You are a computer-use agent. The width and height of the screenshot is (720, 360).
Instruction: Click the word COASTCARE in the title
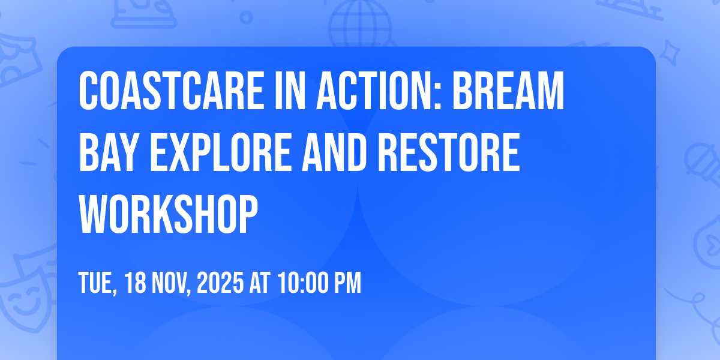tap(172, 91)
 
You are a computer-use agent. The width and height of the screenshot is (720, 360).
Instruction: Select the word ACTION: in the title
tap(379, 91)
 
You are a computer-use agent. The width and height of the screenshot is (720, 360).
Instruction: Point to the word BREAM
tap(508, 91)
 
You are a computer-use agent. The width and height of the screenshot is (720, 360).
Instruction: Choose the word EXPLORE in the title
tap(221, 152)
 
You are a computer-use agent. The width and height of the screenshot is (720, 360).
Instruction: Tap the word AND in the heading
tap(334, 152)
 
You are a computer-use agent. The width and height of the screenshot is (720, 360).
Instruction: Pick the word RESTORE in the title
tap(449, 152)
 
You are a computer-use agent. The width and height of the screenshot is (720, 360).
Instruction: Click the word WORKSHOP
tap(169, 214)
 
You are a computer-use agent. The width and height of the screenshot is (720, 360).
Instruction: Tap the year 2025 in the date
tap(220, 283)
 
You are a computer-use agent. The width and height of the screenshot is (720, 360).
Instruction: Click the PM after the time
tap(348, 283)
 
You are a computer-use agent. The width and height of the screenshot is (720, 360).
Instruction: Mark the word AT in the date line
tap(260, 283)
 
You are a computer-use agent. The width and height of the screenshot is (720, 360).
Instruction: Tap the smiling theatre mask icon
tap(26, 299)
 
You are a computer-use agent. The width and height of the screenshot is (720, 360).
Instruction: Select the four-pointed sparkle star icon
tap(670, 53)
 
